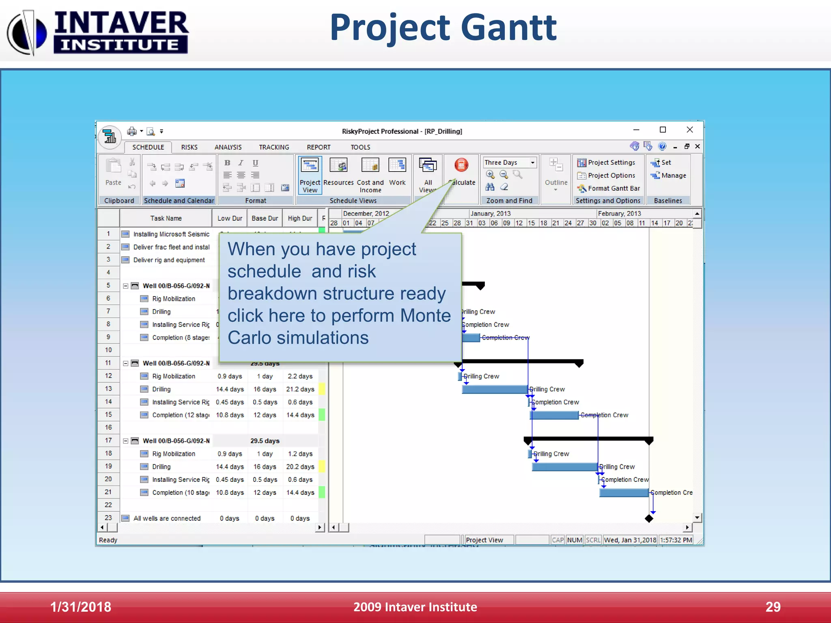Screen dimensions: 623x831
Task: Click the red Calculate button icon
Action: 461,165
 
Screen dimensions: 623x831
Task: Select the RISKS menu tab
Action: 189,147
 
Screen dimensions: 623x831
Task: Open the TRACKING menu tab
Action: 274,147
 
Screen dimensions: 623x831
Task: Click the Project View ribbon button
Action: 310,175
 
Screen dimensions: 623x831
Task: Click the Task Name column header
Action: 166,218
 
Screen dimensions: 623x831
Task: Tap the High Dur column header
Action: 300,218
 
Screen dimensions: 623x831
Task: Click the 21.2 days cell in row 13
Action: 300,389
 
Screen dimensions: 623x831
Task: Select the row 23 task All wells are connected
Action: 167,518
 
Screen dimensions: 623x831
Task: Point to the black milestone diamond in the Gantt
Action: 649,518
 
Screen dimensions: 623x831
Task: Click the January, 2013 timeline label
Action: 491,213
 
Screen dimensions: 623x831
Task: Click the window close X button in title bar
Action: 689,130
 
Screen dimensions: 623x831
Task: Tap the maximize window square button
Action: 663,130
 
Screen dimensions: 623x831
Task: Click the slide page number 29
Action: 773,607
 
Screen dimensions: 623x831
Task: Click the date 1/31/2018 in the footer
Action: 80,607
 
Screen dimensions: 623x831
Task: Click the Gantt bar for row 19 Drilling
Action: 564,467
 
